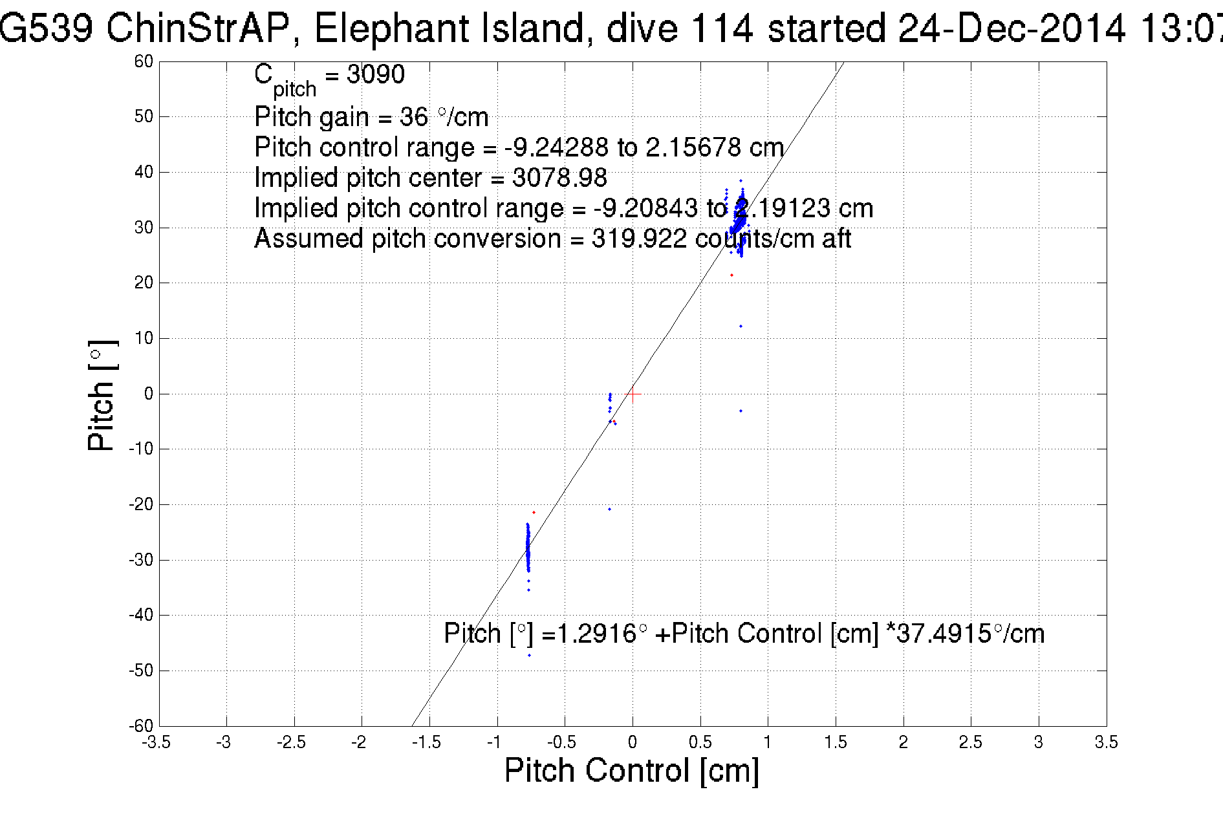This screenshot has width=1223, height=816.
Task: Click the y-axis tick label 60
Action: click(x=144, y=61)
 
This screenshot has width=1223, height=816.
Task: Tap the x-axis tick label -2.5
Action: click(x=291, y=742)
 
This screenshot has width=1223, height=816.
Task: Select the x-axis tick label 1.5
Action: click(x=836, y=742)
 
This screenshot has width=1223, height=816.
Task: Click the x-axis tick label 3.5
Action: click(x=1106, y=742)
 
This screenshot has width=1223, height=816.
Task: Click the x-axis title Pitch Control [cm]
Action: click(x=631, y=771)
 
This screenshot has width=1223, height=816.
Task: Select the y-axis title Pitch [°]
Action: click(x=102, y=395)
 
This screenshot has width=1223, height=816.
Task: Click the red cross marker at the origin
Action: click(x=633, y=394)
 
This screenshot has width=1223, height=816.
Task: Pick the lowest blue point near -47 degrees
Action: click(x=529, y=655)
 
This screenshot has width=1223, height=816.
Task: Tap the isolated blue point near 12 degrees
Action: click(x=741, y=326)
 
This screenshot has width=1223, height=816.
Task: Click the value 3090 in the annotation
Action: click(x=376, y=75)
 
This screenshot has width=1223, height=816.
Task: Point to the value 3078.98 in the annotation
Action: click(x=559, y=177)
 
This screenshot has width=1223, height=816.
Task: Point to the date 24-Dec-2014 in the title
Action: click(x=1012, y=28)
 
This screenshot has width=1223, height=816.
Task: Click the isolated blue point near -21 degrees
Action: click(x=609, y=509)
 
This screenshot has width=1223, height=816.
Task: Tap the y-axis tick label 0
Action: click(x=149, y=394)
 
